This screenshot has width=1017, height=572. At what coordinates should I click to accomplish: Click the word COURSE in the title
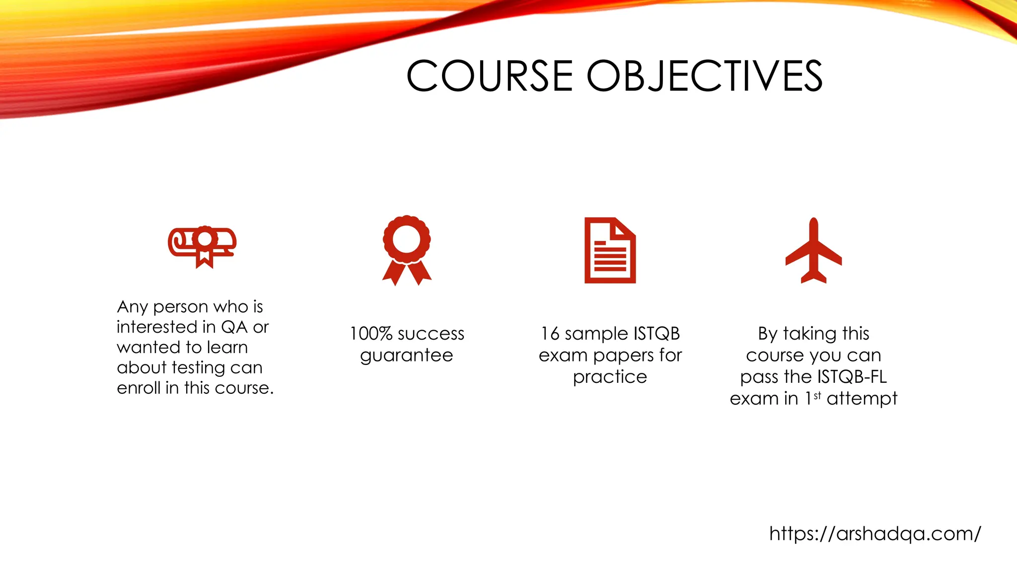coord(490,76)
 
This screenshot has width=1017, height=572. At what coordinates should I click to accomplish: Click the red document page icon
coord(610,251)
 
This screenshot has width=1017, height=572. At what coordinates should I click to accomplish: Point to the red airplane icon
coord(813,251)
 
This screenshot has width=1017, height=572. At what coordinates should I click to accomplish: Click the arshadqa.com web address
coord(875,534)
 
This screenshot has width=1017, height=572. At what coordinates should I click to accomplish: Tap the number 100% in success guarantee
coord(371,334)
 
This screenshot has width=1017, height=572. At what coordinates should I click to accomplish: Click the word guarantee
coord(407,356)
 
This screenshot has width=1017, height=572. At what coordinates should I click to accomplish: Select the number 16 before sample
coord(550,334)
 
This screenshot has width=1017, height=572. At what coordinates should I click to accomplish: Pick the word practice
coord(610,377)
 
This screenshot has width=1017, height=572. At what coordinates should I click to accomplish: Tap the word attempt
coord(862,398)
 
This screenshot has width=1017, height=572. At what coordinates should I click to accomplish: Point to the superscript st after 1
coord(817,395)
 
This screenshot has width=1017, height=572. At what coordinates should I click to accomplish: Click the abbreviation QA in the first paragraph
coord(234,327)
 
